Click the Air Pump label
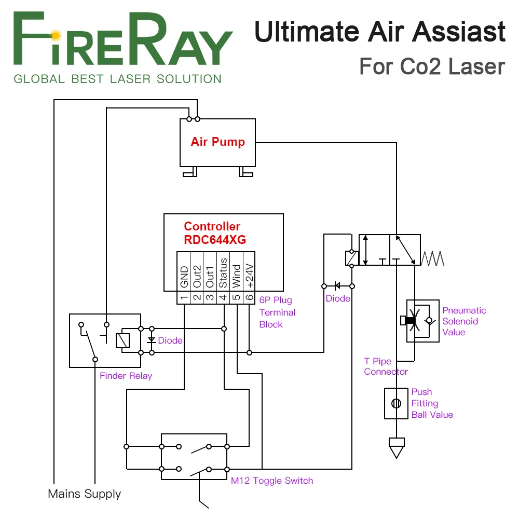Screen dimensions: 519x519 217,142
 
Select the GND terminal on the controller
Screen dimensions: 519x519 183,277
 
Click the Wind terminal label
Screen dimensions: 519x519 237,276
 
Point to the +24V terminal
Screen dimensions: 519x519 250,277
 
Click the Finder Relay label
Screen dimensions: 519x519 126,376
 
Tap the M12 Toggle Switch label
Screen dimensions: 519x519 272,481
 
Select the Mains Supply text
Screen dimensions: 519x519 84,494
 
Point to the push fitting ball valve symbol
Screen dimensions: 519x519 396,403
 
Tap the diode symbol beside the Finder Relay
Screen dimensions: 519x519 152,340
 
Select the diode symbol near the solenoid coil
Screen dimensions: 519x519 337,285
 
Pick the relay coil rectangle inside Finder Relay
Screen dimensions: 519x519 122,340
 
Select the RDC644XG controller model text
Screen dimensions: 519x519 215,240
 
